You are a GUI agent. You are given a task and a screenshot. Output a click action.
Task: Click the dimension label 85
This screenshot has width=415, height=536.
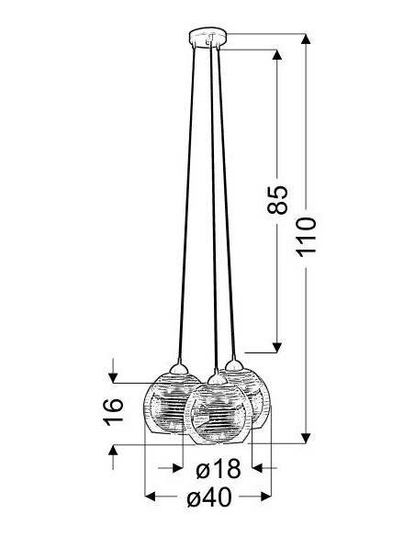tap(277, 200)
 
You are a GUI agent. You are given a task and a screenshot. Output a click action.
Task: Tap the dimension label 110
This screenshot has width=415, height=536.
tap(307, 237)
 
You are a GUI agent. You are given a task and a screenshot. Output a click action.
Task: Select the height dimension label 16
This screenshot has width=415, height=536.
tap(113, 412)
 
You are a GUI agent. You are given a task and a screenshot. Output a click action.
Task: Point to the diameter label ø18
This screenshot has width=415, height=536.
tap(219, 469)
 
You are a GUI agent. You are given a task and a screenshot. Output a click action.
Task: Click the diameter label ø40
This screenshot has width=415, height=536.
tap(209, 497)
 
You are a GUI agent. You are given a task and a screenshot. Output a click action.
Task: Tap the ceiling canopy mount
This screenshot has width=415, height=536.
tap(207, 38)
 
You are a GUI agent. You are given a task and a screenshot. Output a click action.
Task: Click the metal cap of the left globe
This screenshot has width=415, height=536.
tap(179, 368)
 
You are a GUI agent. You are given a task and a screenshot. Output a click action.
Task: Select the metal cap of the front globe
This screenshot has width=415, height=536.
tap(216, 378)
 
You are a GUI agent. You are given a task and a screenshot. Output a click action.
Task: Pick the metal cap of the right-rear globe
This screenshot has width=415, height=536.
tap(234, 365)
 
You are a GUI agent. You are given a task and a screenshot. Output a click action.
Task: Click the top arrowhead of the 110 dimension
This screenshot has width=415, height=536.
tap(306, 39)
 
